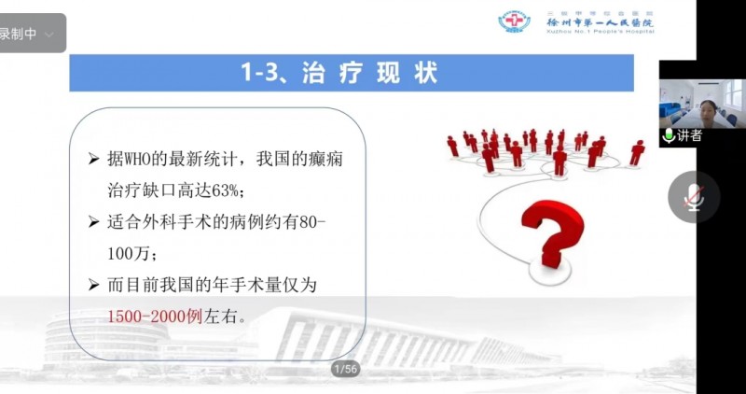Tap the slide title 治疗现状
point(369,74)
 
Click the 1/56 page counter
point(345,369)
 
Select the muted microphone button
point(694,197)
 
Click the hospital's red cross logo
point(515,21)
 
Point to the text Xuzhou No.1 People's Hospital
point(601,32)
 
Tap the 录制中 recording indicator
point(18,34)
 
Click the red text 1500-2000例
point(155,317)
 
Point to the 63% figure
point(225,192)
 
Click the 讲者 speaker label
point(689,136)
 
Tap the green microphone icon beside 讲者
point(669,136)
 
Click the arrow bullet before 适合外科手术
point(94,222)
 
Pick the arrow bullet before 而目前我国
point(94,286)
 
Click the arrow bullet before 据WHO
point(94,160)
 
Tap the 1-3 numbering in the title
point(257,74)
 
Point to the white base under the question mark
point(550,271)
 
